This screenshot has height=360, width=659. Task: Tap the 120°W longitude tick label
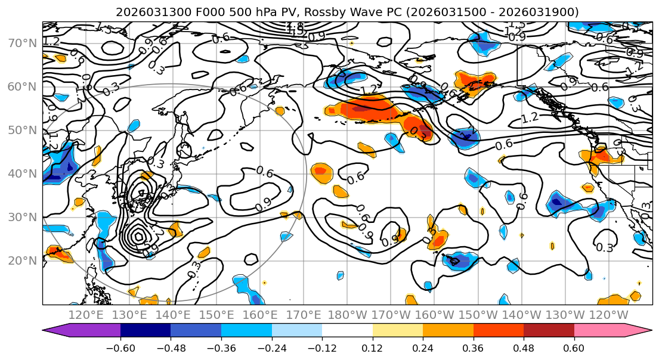(608, 315)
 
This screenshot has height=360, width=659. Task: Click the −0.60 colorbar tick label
(120, 347)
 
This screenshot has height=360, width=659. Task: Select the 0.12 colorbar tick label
(373, 347)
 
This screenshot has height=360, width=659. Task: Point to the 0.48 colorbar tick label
(524, 347)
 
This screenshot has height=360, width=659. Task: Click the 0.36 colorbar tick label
(474, 347)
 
